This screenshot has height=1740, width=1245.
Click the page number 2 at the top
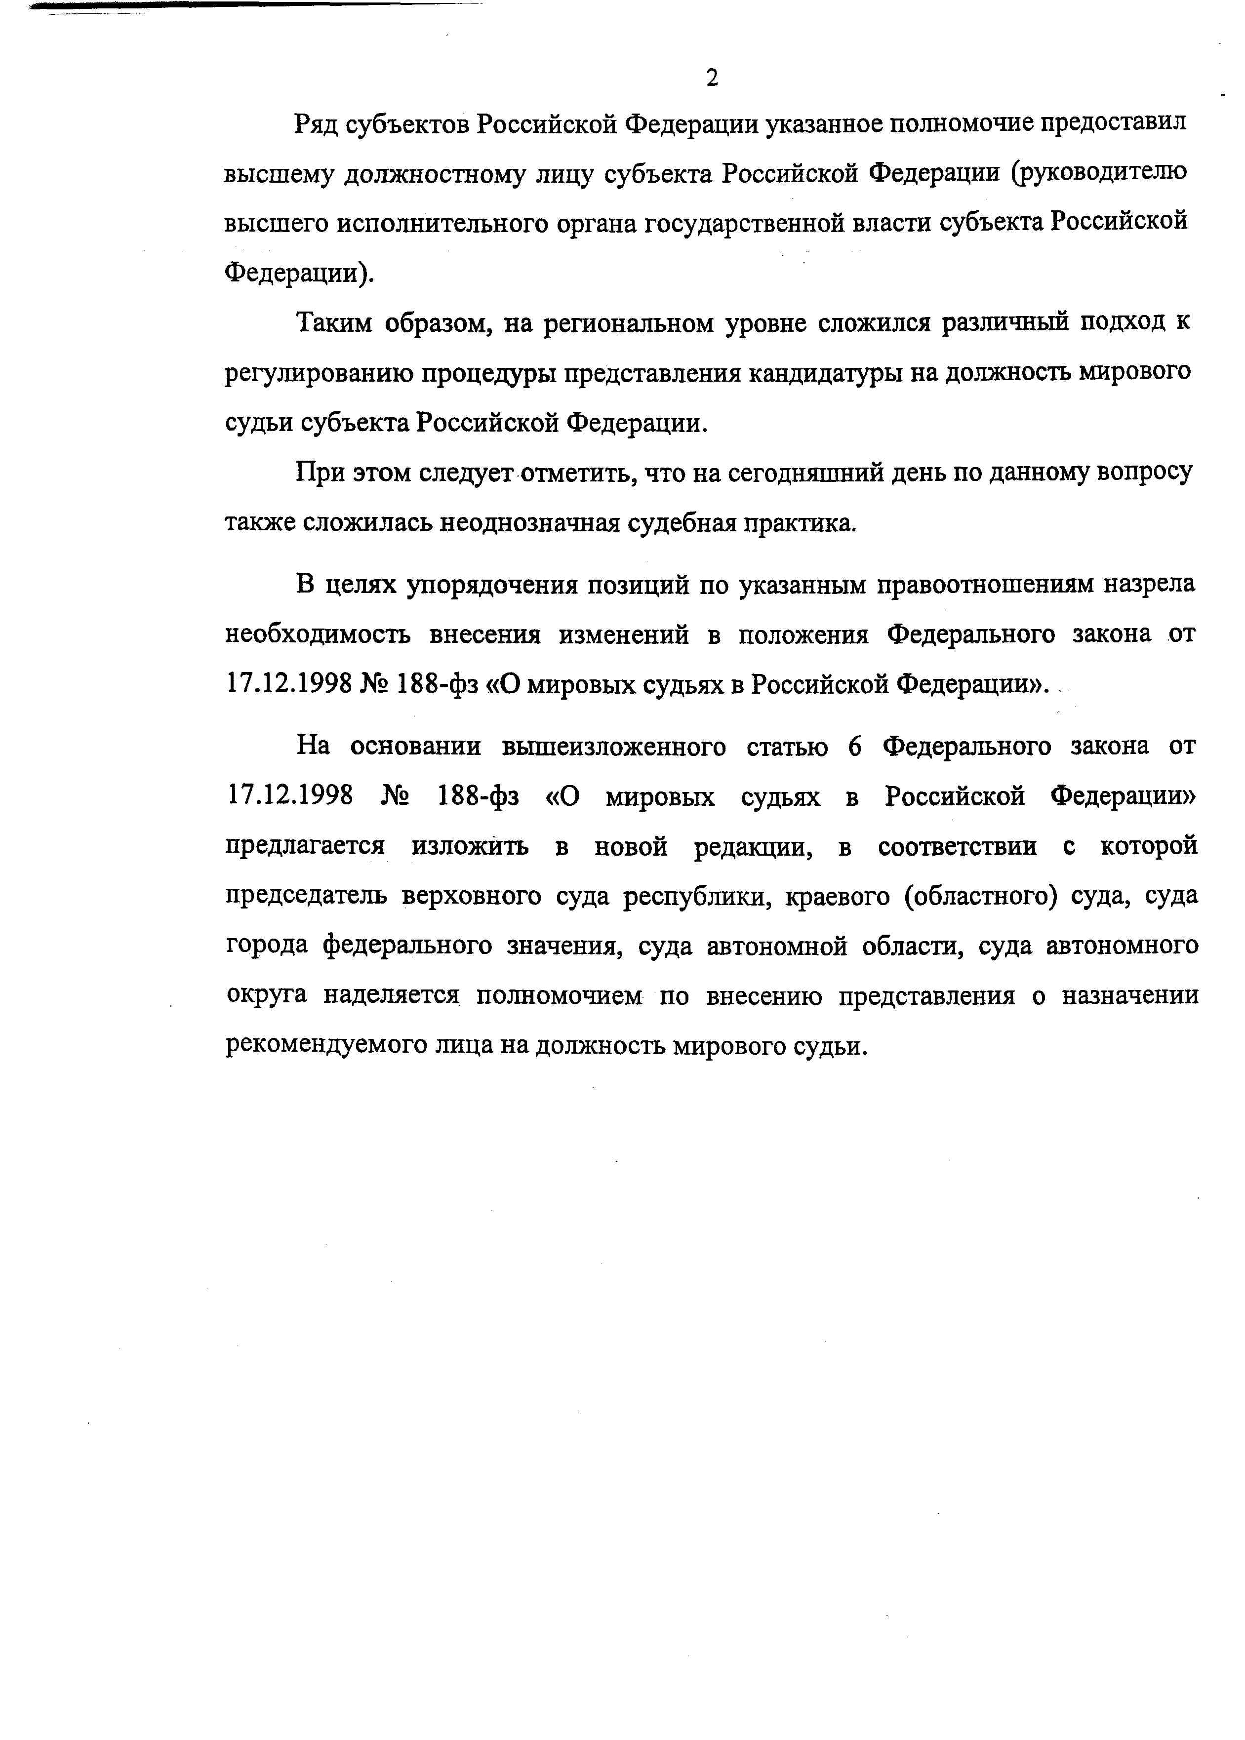tap(712, 78)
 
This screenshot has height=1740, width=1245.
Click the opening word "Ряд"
tap(317, 124)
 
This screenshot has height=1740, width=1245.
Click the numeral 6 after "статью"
tap(855, 746)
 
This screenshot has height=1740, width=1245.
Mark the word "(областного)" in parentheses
tap(975, 896)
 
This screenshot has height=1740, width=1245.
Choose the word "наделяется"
tap(390, 996)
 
